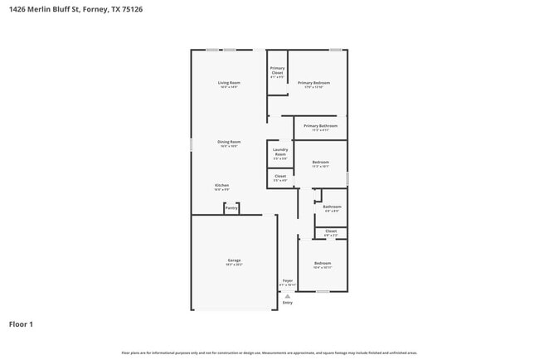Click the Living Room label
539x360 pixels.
click(x=229, y=83)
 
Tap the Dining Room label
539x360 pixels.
click(x=229, y=142)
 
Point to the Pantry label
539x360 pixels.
click(x=231, y=208)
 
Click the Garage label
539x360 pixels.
click(x=234, y=260)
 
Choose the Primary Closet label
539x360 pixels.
click(x=277, y=71)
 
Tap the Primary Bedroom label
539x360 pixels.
click(x=314, y=83)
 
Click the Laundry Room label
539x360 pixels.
click(x=279, y=152)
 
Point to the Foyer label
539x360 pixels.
click(x=288, y=280)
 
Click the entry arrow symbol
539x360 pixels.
click(x=288, y=295)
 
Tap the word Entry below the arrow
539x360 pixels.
click(x=288, y=303)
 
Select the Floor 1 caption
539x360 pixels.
click(x=21, y=324)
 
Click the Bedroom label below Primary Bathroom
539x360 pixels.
click(x=320, y=162)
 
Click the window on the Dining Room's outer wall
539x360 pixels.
click(x=192, y=144)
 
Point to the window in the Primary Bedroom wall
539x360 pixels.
click(x=335, y=51)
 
